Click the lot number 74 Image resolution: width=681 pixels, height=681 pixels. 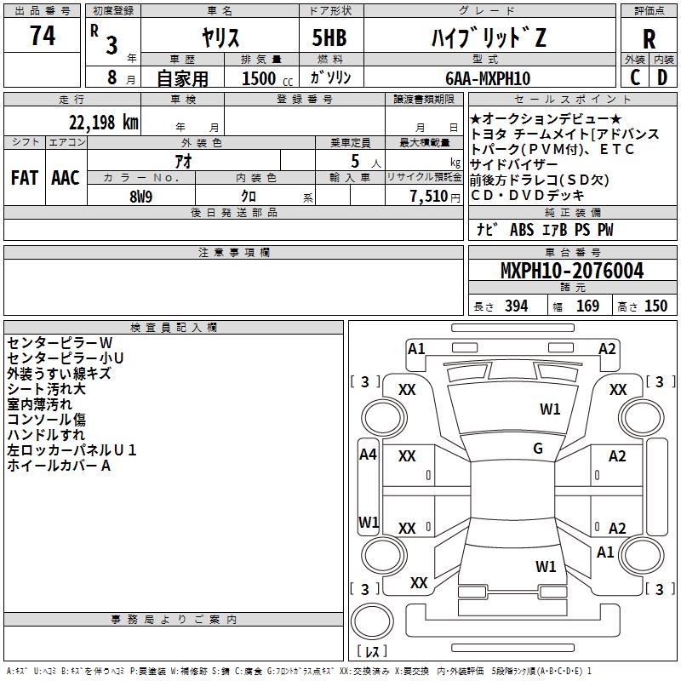coord(43,37)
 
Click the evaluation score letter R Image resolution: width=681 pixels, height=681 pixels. coord(650,40)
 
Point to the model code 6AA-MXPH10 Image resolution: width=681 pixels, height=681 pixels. coord(488,78)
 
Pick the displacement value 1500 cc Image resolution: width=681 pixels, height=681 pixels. coord(260,78)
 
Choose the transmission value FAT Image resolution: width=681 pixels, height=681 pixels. coord(24,178)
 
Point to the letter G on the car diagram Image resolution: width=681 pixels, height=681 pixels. coord(538,449)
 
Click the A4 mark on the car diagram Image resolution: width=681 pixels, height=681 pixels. coord(368,455)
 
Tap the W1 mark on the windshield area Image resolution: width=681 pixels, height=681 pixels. coord(550,409)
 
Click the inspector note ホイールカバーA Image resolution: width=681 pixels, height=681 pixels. coord(59,466)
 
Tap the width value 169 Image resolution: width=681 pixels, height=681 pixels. coord(587,306)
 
